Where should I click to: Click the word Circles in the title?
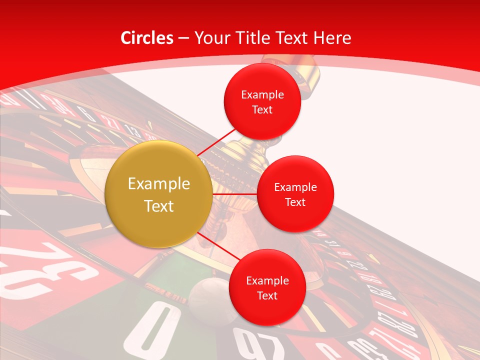pyautogui.click(x=147, y=38)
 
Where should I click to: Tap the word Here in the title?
pyautogui.click(x=332, y=38)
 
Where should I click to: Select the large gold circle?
pyautogui.click(x=158, y=194)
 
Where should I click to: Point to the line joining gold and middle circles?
pyautogui.click(x=234, y=194)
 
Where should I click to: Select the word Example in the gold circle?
pyautogui.click(x=158, y=184)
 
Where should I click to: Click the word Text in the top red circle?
pyautogui.click(x=262, y=110)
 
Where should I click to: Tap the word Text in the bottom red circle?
pyautogui.click(x=267, y=296)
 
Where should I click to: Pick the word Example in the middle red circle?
pyautogui.click(x=295, y=187)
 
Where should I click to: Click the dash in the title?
pyautogui.click(x=183, y=38)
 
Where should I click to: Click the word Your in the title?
pyautogui.click(x=210, y=38)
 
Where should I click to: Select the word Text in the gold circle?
pyautogui.click(x=158, y=206)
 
